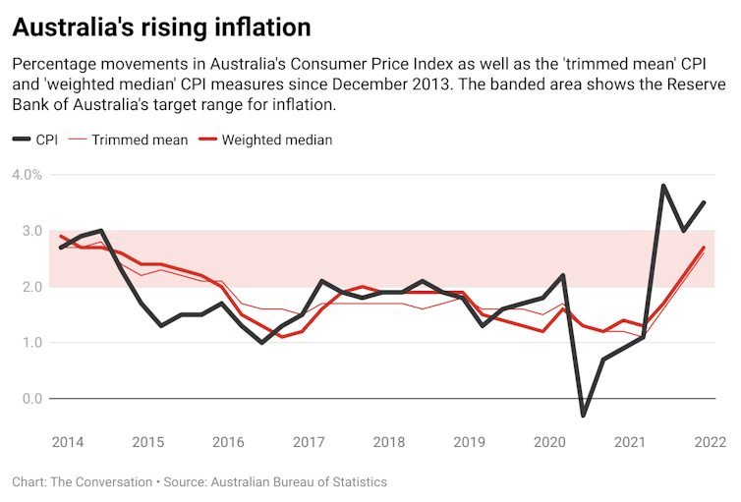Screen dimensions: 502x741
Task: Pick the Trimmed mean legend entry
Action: (139, 139)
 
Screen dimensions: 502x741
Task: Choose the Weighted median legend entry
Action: (276, 139)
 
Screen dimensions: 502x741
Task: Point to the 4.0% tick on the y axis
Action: (27, 175)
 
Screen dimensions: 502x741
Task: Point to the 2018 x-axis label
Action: (389, 442)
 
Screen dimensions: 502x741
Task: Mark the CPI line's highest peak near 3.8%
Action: (663, 186)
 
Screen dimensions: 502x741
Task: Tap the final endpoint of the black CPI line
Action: (704, 202)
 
